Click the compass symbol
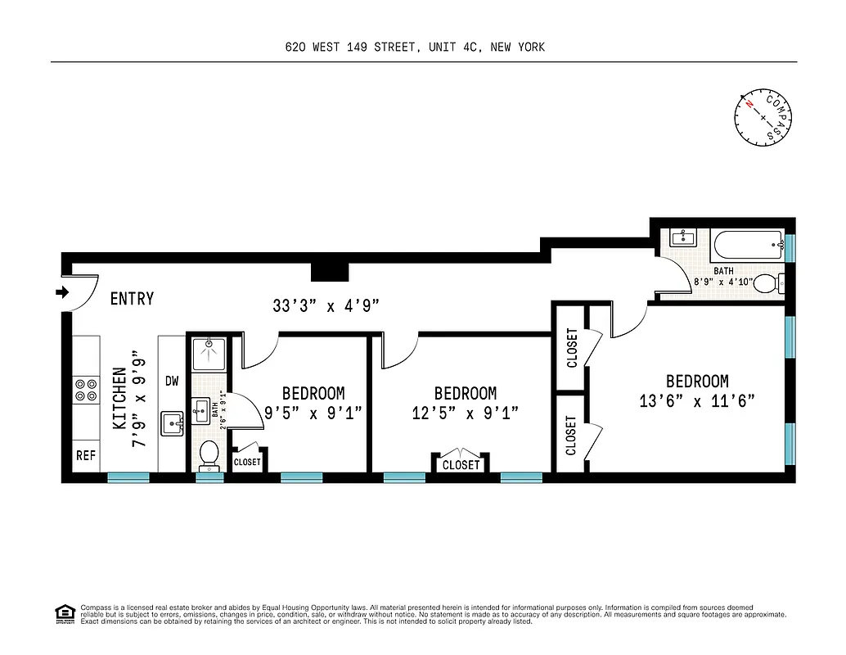764,118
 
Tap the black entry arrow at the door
63,292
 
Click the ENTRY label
132,299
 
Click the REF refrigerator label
86,455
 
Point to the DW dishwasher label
172,381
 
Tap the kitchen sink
172,423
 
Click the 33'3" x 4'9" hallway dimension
327,307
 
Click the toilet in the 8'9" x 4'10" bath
767,284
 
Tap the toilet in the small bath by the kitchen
209,455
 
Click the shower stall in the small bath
209,354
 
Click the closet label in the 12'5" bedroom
461,465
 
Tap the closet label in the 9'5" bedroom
247,462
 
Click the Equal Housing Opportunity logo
63,612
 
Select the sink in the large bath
682,237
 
